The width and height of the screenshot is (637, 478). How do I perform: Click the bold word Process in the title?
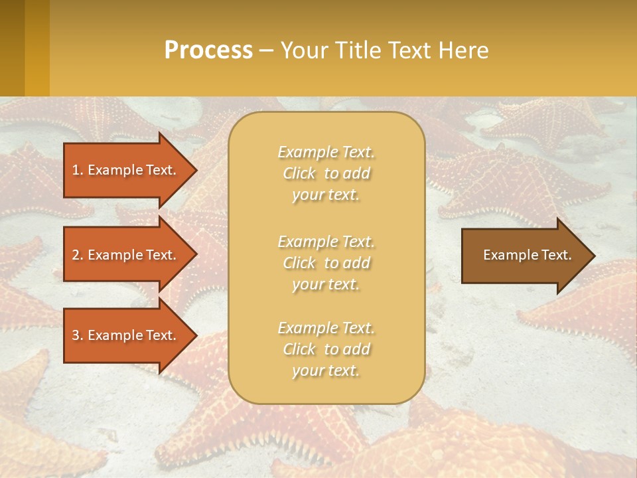point(208,50)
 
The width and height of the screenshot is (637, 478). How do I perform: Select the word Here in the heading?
point(463,50)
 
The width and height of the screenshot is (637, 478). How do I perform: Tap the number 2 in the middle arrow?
point(76,255)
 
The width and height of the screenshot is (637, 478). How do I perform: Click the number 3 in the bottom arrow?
point(76,335)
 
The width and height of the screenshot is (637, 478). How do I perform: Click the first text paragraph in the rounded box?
point(326,173)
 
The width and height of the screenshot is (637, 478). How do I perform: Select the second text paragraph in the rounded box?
point(326,263)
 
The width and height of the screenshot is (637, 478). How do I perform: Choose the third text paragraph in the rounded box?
point(326,349)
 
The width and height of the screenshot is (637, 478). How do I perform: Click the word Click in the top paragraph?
point(299,174)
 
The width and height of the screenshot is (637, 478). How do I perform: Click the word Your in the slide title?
point(303,50)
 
